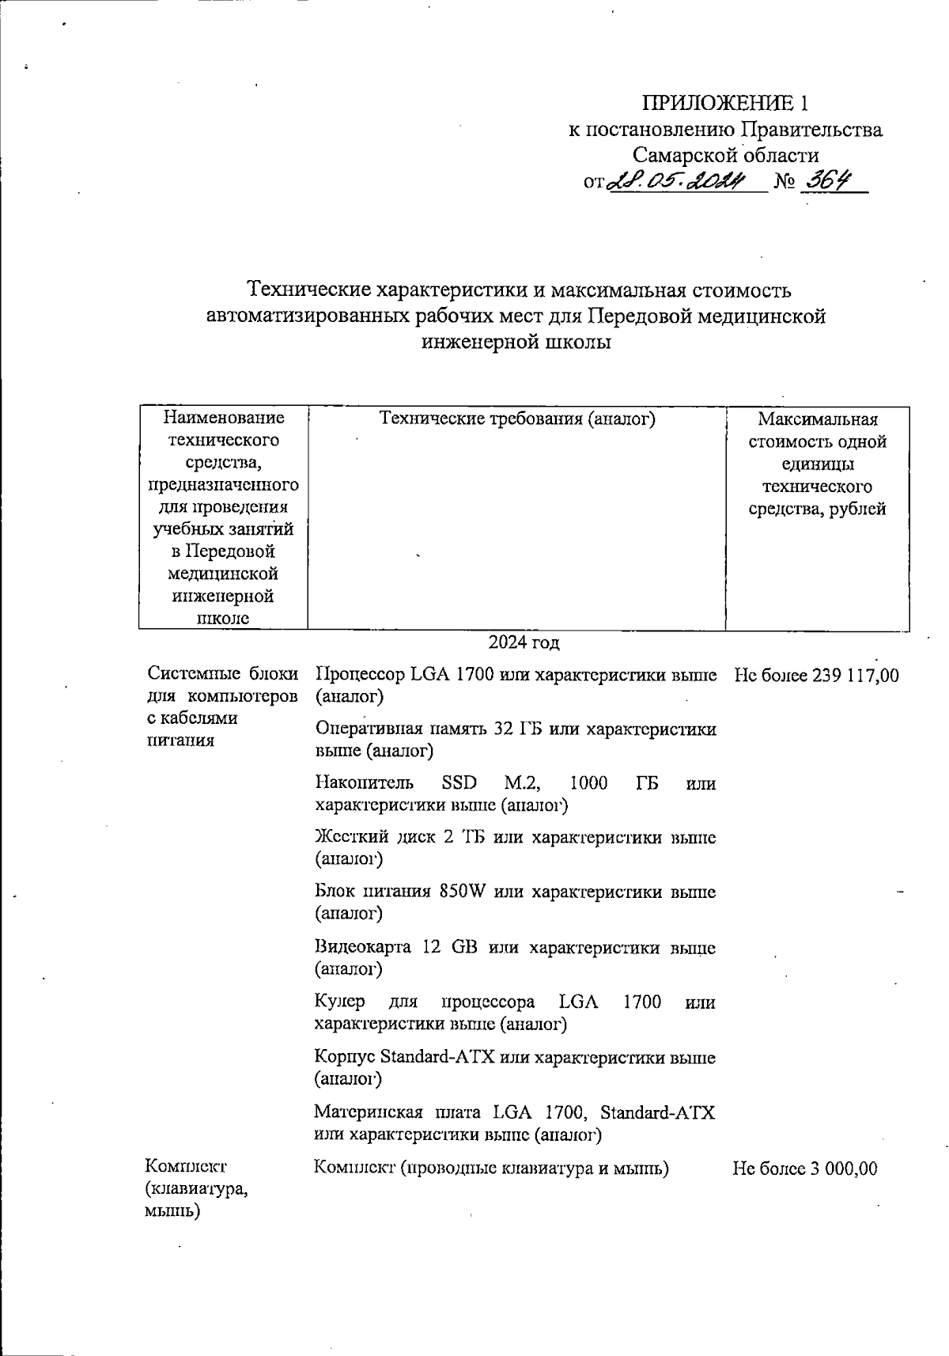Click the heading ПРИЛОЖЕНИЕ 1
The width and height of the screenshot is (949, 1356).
pyautogui.click(x=724, y=104)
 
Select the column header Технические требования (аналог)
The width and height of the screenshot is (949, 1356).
pyautogui.click(x=517, y=419)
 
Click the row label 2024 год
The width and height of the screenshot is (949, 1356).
pyautogui.click(x=524, y=642)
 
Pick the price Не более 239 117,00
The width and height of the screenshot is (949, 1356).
pyautogui.click(x=816, y=676)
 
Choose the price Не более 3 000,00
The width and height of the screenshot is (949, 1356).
pyautogui.click(x=804, y=1169)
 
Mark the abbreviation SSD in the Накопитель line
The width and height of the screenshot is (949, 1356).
pyautogui.click(x=459, y=783)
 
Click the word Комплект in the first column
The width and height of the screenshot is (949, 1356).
pyautogui.click(x=185, y=1166)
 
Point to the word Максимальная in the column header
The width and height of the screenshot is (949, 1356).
pyautogui.click(x=817, y=419)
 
